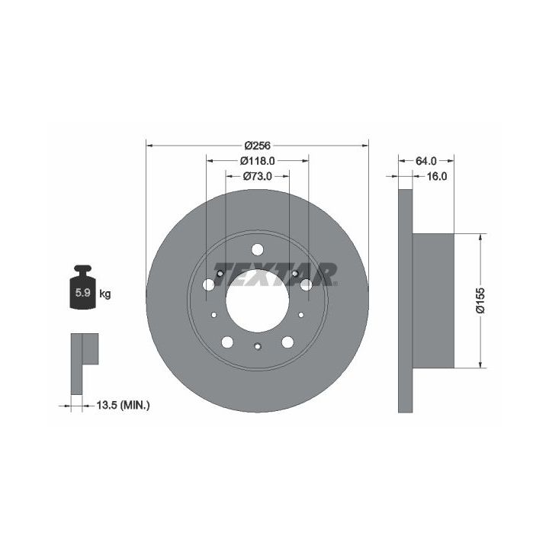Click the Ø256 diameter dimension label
pos(258,146)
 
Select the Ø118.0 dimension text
pos(258,161)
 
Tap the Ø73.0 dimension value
pos(258,176)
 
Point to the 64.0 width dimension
pos(425,161)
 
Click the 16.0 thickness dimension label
pos(437,176)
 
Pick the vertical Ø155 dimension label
pos(480,300)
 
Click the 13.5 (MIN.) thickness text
pos(123,406)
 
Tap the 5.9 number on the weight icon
pos(83,293)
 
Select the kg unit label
pos(105,294)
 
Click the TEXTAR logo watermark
pos(275,274)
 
